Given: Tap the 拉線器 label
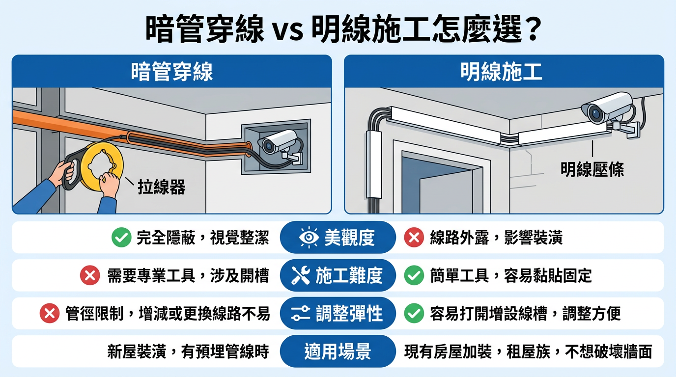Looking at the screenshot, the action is tap(162, 187).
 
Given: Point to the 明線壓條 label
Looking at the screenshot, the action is tap(592, 169).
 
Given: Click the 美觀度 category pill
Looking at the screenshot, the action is tap(338, 238).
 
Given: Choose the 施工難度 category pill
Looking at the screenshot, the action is tap(338, 275).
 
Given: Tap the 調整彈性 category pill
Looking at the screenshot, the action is tap(338, 313).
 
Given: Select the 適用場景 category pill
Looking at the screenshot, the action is tap(338, 351).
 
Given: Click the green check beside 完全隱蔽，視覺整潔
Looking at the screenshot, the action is tap(121, 238).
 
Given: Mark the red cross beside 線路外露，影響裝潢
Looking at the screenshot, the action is tap(414, 238).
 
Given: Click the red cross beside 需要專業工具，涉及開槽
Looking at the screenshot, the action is tap(90, 275).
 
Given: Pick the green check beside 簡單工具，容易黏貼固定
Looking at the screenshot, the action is tap(414, 275).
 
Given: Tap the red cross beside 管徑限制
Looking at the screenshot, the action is tap(50, 313).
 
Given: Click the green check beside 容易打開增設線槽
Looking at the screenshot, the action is tap(414, 313).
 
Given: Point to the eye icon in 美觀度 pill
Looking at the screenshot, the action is tap(309, 238).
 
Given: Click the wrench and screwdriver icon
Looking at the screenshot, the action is tap(301, 275).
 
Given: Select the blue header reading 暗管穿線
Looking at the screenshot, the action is tap(172, 72).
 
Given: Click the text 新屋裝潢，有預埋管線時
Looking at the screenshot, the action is tap(188, 351).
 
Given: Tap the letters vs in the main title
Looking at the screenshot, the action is tap(288, 32).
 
